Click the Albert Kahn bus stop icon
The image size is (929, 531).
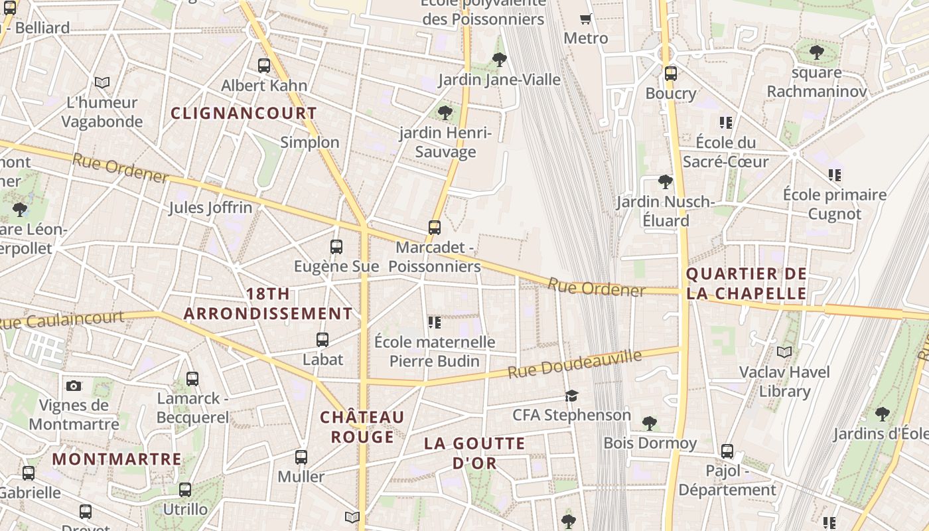264,66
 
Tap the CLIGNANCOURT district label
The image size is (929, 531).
244,113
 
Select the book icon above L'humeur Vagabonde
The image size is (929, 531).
102,83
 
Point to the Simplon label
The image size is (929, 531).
309,142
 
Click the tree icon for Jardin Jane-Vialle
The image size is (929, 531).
500,60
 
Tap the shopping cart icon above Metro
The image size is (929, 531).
585,19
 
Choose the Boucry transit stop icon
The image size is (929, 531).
671,73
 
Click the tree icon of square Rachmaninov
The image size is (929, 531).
816,52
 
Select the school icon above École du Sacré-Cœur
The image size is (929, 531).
725,122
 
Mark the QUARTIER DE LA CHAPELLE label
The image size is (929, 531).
747,283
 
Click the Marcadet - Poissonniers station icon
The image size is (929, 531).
435,228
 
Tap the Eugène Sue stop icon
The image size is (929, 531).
336,247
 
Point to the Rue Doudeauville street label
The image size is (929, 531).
575,364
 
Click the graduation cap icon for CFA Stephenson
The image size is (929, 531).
571,396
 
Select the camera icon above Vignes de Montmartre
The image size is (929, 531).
74,386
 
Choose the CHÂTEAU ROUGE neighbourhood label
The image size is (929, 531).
362,427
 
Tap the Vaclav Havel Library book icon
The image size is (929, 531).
784,352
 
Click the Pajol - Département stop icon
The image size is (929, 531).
727,451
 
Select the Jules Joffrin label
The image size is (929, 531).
210,208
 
